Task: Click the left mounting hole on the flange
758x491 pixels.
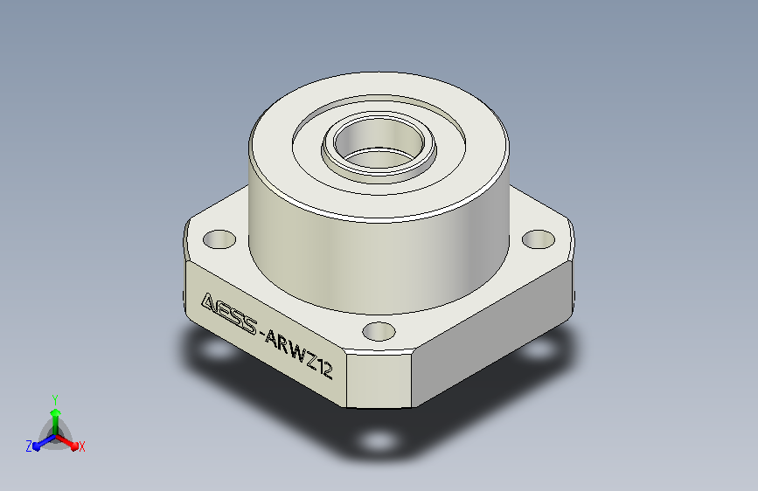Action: point(219,239)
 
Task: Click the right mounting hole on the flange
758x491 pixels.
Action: point(539,239)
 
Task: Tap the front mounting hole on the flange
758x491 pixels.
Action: point(379,331)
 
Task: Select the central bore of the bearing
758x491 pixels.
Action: point(379,143)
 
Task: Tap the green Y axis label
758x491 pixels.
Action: point(55,399)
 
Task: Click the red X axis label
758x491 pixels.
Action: point(81,447)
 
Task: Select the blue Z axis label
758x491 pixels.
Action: point(29,446)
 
